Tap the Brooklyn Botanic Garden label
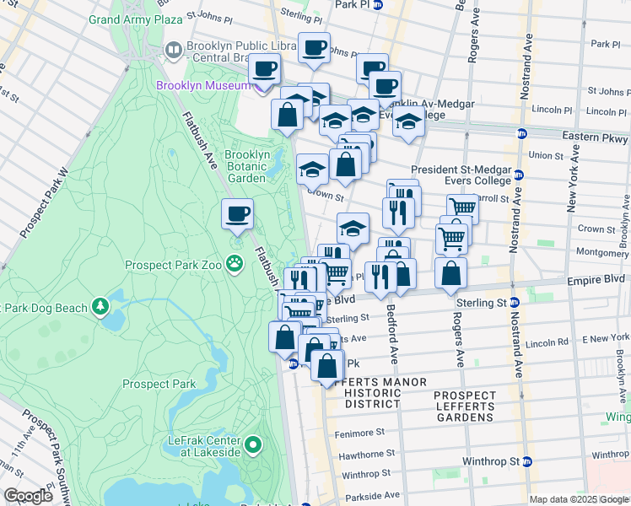pyautogui.click(x=247, y=166)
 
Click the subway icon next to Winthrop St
pyautogui.click(x=528, y=461)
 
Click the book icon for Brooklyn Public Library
pyautogui.click(x=173, y=51)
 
